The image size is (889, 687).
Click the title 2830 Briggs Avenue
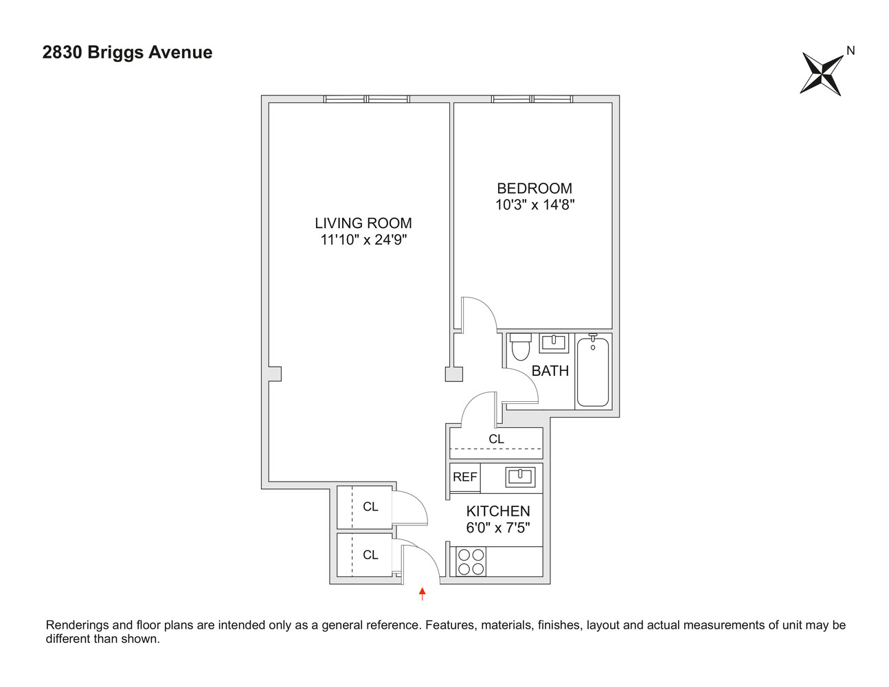[x=127, y=53]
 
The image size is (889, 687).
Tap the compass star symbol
[x=822, y=74]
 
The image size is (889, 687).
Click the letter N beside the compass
[x=851, y=50]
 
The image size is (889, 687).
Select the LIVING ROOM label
[x=363, y=223]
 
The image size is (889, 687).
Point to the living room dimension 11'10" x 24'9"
[x=363, y=240]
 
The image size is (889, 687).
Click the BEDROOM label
[x=534, y=188]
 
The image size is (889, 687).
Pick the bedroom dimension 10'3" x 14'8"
[x=534, y=205]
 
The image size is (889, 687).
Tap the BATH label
[x=550, y=371]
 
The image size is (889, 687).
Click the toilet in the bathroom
[x=521, y=347]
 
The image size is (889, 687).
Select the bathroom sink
[x=553, y=343]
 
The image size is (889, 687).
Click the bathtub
[x=592, y=371]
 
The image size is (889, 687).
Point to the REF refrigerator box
[x=464, y=477]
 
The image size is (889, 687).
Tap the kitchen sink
[x=520, y=476]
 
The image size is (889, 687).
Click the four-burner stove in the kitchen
[x=471, y=561]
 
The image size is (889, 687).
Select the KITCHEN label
[x=498, y=511]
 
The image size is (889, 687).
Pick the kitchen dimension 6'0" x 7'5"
[x=498, y=528]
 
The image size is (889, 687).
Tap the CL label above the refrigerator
[x=496, y=439]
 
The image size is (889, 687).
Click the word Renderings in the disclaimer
[x=78, y=625]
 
